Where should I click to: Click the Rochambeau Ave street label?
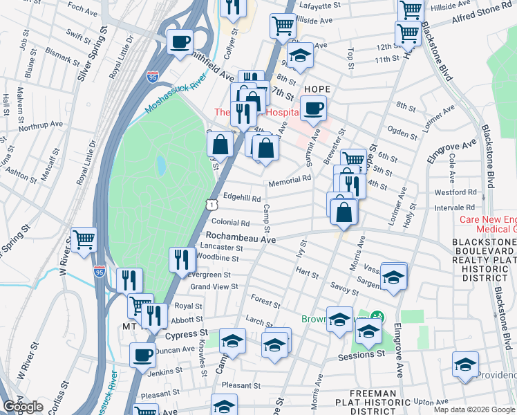pyautogui.click(x=241, y=237)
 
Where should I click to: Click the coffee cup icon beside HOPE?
pyautogui.click(x=313, y=109)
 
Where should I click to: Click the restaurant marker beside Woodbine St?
pyautogui.click(x=182, y=260)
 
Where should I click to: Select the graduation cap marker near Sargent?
pyautogui.click(x=393, y=277)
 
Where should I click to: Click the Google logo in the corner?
pyautogui.click(x=23, y=406)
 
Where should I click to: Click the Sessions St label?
pyautogui.click(x=361, y=354)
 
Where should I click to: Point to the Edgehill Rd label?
pyautogui.click(x=241, y=199)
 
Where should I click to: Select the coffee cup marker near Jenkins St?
pyautogui.click(x=143, y=355)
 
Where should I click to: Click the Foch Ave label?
pyautogui.click(x=83, y=11)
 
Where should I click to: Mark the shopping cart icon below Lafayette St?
pyautogui.click(x=283, y=26)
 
